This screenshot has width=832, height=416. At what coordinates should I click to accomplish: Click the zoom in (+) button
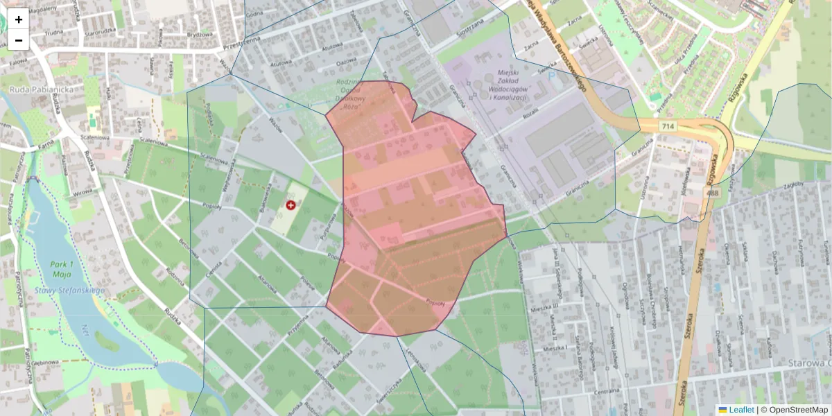pos(19,19)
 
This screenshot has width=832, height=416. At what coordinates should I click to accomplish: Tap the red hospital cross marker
pos(291,205)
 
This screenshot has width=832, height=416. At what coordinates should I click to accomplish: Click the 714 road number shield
pos(668,125)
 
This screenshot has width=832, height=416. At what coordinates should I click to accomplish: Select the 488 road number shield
pos(713,193)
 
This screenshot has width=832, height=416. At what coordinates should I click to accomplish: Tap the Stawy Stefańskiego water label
pos(69,290)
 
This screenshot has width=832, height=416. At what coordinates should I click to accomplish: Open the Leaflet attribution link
pos(741,410)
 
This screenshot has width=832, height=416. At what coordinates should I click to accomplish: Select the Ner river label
pos(85,327)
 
